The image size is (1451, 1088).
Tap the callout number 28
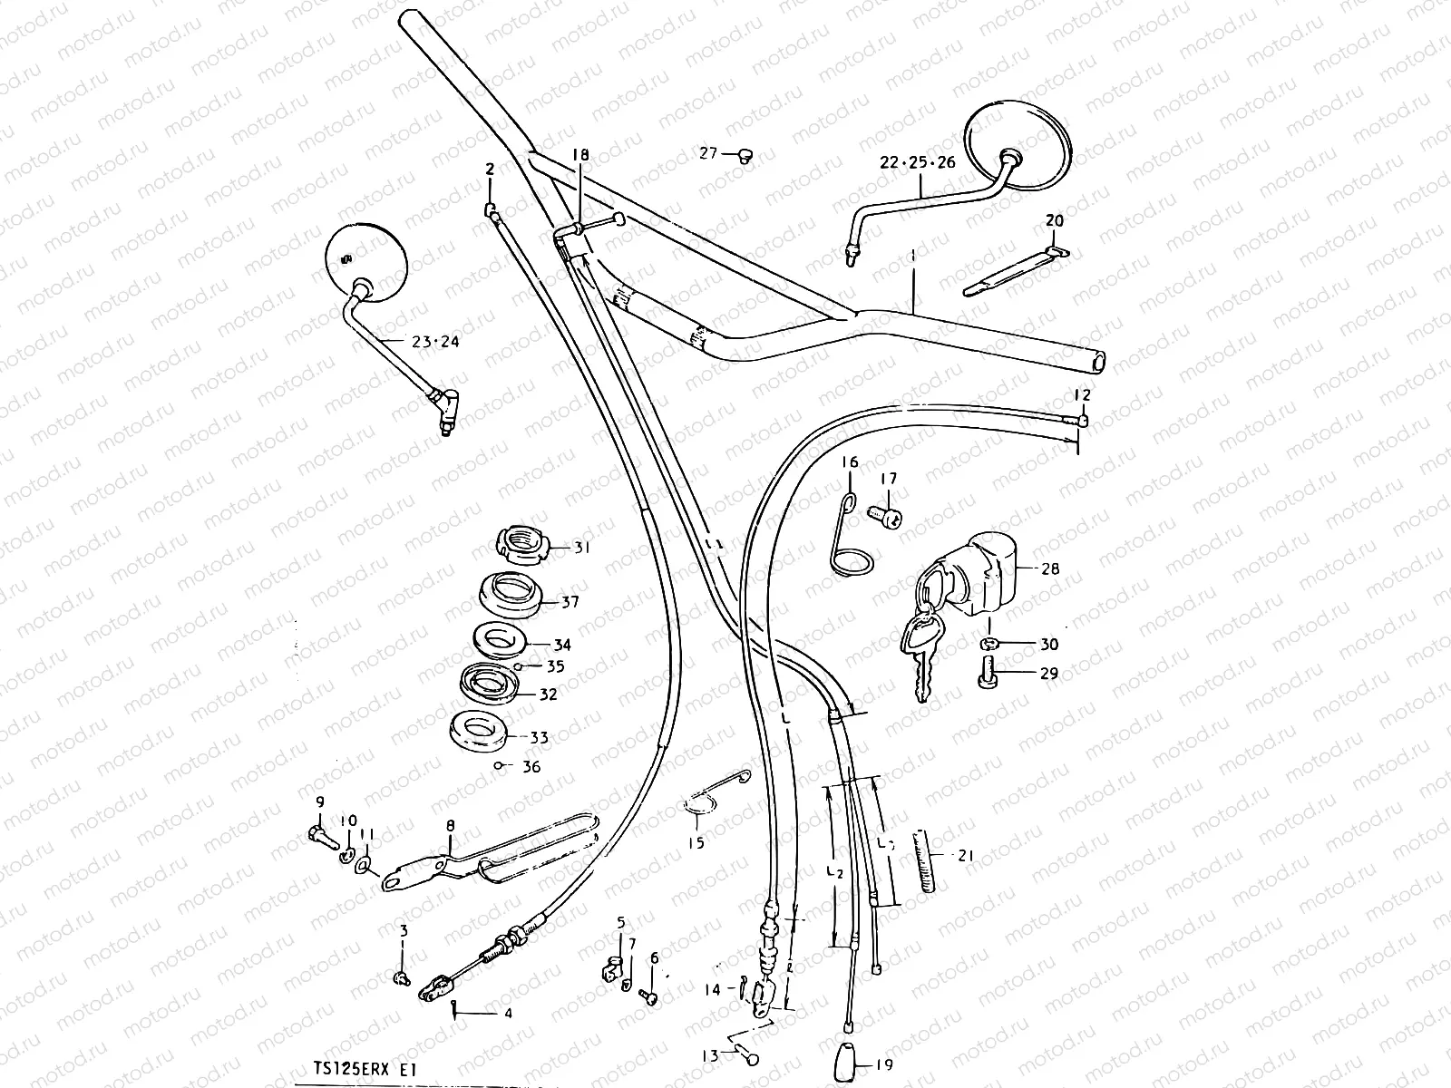[1050, 569]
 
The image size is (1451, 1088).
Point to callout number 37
[570, 602]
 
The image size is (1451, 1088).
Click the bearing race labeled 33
[480, 730]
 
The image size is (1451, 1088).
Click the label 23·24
[435, 342]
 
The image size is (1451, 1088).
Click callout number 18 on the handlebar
[579, 157]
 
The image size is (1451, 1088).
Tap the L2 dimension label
[835, 872]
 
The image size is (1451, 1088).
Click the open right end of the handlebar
[1100, 361]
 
